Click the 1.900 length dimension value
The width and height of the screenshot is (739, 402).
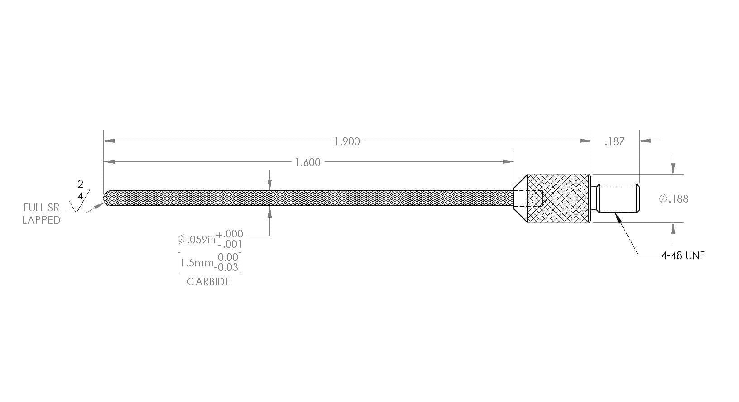tap(347, 142)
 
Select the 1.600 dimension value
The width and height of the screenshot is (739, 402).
tap(307, 162)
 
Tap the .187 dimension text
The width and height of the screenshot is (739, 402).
tap(614, 142)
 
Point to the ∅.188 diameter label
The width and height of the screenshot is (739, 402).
tap(674, 199)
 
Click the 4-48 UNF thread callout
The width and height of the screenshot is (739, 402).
tap(682, 255)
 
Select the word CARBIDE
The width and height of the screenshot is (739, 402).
tap(208, 282)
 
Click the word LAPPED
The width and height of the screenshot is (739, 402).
tap(42, 220)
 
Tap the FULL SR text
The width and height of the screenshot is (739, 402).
tap(42, 208)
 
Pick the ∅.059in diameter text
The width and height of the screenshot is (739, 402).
tap(197, 239)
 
